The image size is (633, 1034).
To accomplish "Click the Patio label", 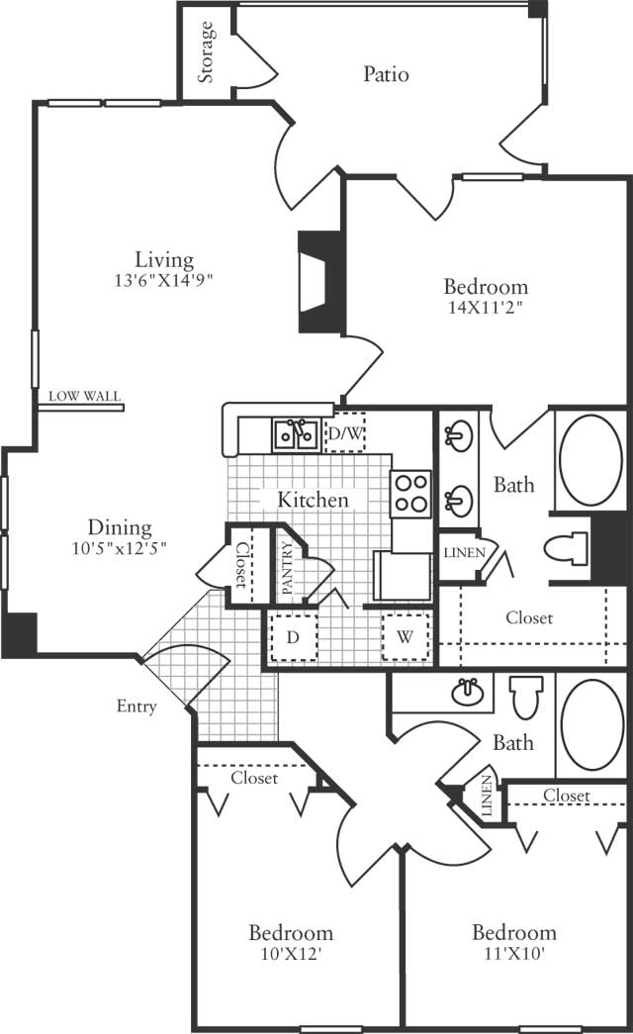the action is point(386,74).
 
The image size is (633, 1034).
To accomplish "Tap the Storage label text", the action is point(207,52).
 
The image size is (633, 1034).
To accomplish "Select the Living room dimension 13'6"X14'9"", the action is point(163,280).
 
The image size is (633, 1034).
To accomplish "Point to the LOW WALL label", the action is point(84,397).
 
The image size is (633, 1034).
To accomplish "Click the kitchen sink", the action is point(296,434).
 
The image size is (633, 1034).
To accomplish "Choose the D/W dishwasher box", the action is point(345,433).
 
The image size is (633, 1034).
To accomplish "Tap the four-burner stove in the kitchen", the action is point(410,494).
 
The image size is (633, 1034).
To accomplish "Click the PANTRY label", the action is point(287,568).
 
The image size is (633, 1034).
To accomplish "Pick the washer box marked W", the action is point(405,637).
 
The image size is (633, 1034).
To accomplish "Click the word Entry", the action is point(136,706).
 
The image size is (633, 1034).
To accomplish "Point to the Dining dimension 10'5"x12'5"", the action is point(120,548).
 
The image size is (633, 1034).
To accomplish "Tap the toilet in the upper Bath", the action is point(566,548).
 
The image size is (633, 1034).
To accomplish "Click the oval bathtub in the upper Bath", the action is point(590,460).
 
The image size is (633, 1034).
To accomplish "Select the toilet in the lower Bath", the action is point(526,697).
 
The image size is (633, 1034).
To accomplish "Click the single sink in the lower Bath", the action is point(468,692).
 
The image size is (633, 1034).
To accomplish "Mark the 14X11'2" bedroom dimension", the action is point(486,308).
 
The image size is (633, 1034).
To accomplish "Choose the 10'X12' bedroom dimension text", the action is point(290,954).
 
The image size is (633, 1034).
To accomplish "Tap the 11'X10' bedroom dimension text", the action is point(514,953).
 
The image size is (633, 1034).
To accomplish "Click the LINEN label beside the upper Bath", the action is point(464,552).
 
